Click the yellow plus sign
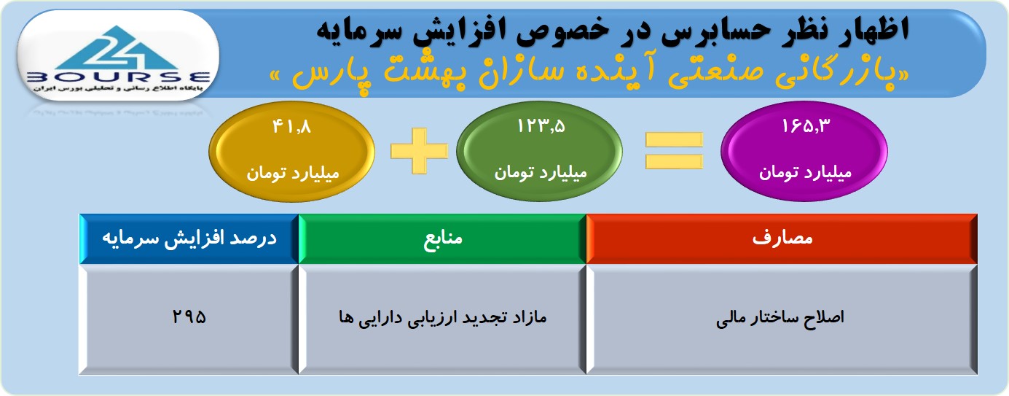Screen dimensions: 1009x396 419,151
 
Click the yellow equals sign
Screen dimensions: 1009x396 674,151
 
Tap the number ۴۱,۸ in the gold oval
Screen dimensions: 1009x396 291,126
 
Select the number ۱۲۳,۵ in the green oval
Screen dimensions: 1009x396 541,126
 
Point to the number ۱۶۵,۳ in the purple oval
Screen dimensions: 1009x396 806,126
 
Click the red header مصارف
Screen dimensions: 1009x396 782,238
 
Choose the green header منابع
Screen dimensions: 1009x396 442,238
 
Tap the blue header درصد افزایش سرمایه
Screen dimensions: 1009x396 189,238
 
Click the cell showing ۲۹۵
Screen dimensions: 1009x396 189,319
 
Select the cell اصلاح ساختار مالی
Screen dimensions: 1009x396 782,319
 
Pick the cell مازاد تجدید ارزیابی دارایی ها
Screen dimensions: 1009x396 442,319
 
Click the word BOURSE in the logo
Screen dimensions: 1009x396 119,77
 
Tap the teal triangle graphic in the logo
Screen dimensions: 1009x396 118,48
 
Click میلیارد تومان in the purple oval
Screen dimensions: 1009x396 805,173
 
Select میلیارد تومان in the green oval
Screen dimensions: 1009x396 541,173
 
